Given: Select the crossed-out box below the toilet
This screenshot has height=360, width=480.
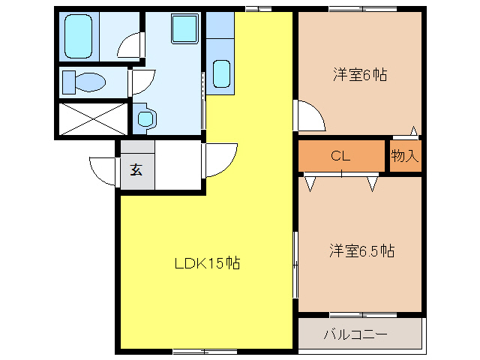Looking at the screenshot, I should click(x=94, y=118).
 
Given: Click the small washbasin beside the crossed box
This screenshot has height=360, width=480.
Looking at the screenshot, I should click(x=145, y=117).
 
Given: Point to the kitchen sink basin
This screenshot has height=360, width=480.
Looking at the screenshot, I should click(x=221, y=74).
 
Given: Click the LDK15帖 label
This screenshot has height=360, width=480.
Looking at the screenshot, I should click(x=207, y=263).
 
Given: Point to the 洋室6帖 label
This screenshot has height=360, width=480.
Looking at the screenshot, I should click(x=360, y=75).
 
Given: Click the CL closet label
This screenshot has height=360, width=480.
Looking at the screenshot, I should click(x=341, y=156).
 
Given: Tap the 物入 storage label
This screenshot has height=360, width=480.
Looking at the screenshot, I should click(x=405, y=156).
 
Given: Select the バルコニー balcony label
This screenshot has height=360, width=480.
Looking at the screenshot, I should click(x=355, y=334).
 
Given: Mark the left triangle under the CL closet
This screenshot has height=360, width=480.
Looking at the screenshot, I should click(x=310, y=182).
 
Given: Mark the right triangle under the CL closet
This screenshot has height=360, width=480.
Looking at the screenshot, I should click(x=373, y=182).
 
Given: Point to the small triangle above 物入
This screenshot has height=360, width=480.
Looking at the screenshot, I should click(x=413, y=130).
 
